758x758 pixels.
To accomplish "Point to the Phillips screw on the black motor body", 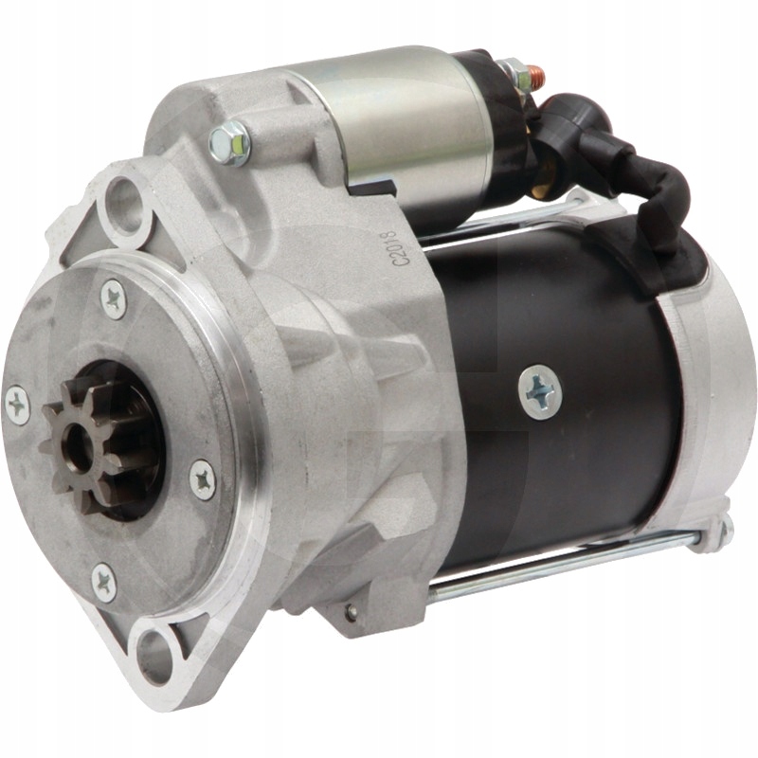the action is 540,391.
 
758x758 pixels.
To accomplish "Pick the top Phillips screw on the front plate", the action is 114,299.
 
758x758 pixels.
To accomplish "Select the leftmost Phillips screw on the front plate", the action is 17,406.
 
